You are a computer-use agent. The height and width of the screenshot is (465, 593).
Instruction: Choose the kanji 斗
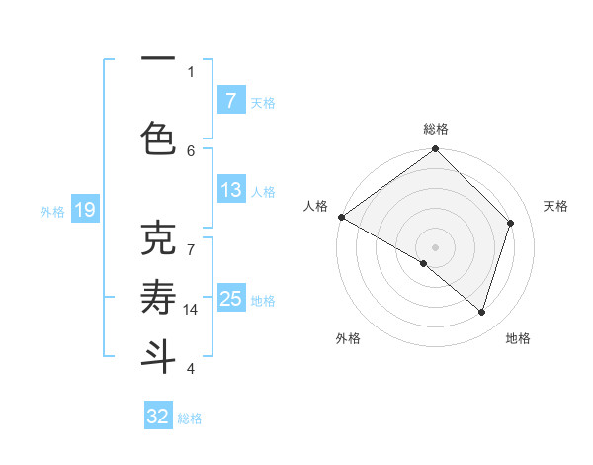158,355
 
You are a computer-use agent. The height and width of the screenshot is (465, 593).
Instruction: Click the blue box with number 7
230,101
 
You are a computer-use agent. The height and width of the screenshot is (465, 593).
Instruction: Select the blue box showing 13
230,190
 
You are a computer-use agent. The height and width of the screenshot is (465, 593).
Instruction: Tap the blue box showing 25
230,299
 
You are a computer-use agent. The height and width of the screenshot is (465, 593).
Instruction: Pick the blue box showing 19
84,210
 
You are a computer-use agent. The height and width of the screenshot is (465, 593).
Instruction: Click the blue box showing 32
158,417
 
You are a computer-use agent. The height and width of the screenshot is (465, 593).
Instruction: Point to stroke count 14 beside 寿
191,310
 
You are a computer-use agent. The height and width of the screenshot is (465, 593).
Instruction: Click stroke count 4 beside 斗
191,369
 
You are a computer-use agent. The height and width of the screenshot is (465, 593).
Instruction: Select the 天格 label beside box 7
263,102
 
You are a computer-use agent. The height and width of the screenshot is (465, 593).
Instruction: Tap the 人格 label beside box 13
263,191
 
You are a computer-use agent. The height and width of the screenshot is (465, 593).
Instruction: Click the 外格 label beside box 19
52,211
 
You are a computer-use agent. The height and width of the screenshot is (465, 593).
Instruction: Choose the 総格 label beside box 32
190,418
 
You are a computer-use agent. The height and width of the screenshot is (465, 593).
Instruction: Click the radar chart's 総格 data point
435,149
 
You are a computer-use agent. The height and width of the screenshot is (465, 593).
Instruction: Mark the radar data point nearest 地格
481,312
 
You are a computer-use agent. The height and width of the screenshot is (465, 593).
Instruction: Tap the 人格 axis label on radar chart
315,206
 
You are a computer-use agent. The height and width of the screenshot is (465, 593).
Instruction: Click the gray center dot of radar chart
435,246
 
